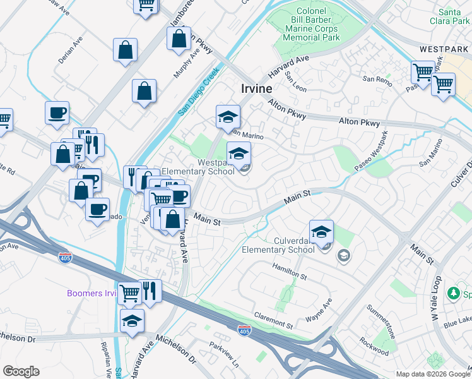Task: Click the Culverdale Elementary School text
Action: (x=278, y=245)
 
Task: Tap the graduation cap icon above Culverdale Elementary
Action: (x=321, y=231)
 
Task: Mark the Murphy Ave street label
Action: (x=186, y=62)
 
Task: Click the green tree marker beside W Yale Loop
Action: (x=452, y=293)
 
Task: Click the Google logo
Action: (x=21, y=371)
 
